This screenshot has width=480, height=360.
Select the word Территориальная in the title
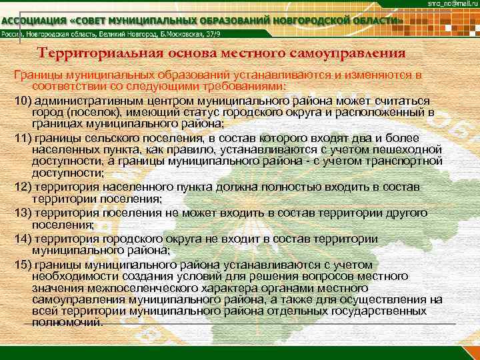click(93, 53)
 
